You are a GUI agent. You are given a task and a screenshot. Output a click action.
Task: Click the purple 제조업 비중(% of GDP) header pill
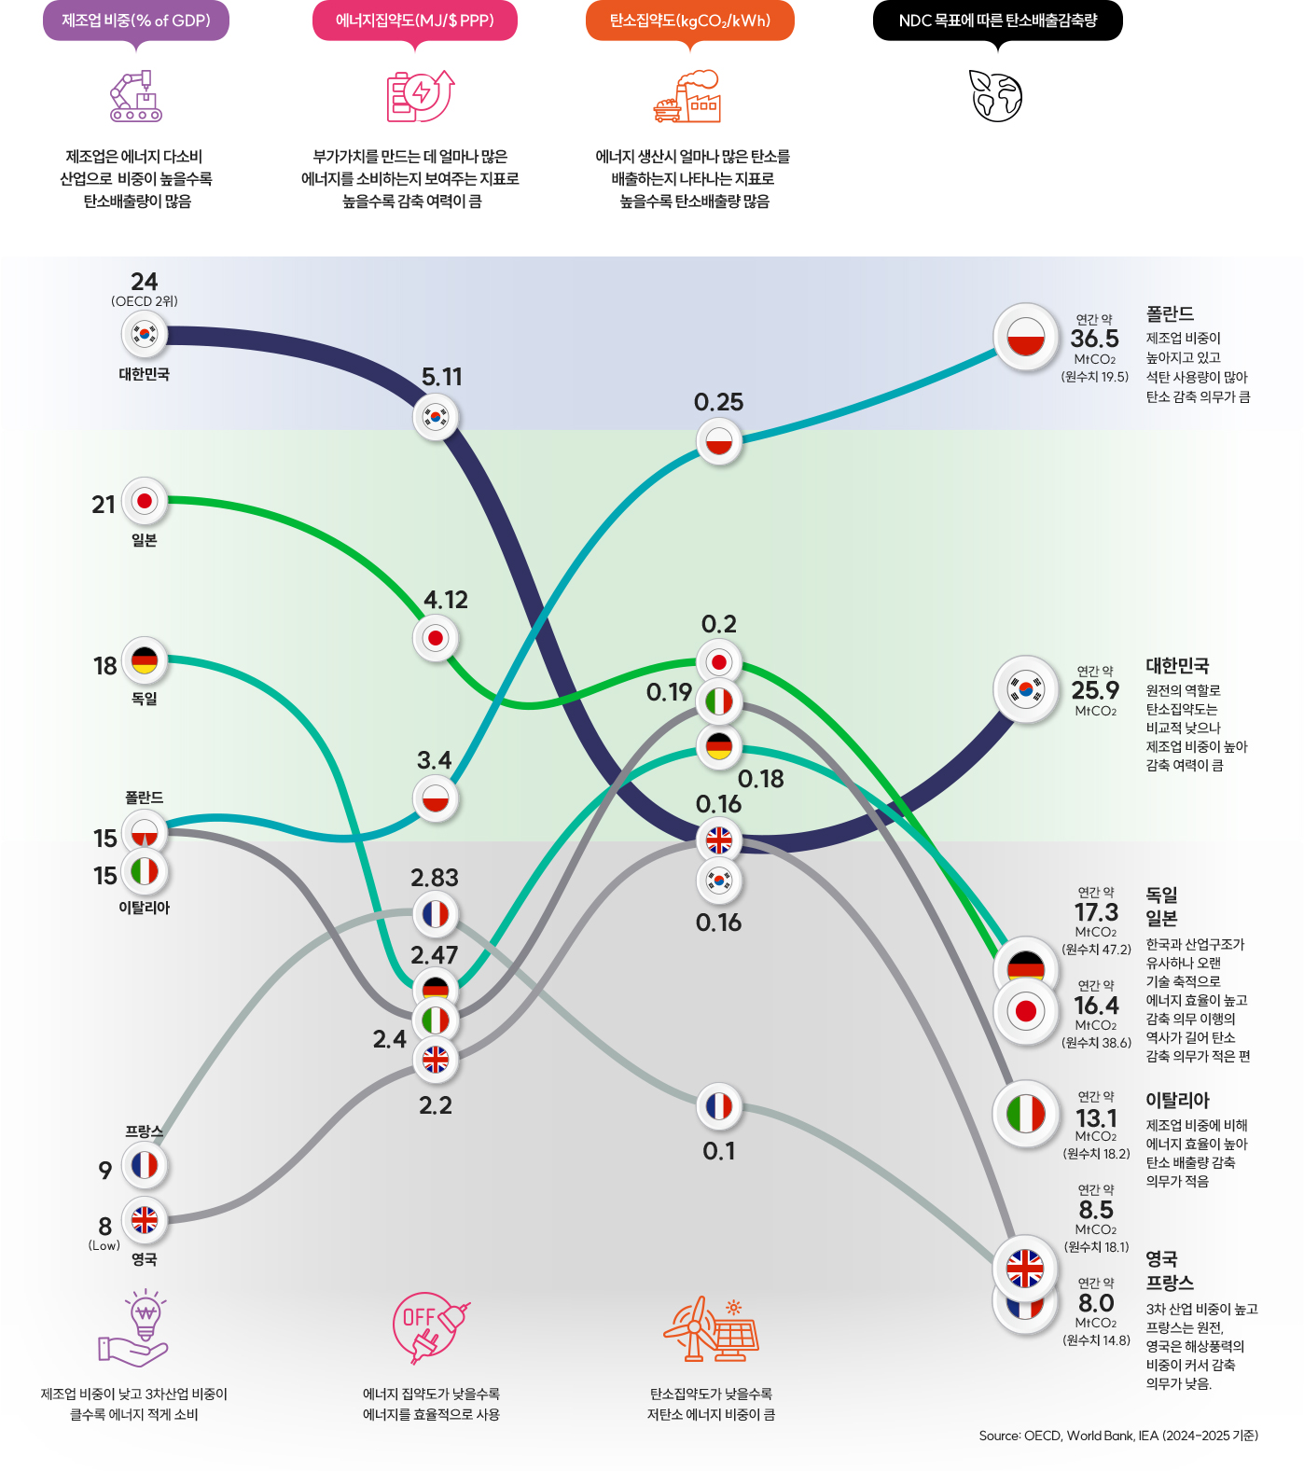click(136, 21)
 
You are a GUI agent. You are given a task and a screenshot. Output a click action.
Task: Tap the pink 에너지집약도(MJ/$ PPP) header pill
click(414, 21)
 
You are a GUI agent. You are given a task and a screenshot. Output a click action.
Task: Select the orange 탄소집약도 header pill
click(690, 21)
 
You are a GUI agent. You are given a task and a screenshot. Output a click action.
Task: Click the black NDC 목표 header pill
click(997, 21)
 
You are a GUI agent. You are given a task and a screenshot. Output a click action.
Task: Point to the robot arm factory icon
click(136, 96)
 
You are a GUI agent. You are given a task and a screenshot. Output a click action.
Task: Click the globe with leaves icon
click(996, 95)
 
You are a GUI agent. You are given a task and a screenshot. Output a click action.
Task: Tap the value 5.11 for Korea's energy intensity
click(441, 377)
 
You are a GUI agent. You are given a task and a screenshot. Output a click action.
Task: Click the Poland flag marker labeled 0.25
click(719, 441)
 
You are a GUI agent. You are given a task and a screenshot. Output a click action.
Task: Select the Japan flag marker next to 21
click(145, 502)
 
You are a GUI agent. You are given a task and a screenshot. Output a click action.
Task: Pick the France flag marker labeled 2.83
click(436, 914)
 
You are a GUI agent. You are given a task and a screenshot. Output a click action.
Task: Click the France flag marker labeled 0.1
click(719, 1106)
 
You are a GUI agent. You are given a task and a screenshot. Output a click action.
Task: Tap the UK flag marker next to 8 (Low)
click(145, 1219)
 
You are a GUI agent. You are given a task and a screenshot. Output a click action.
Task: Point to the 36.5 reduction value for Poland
click(1094, 339)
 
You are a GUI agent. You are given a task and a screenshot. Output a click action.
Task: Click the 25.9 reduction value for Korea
click(1095, 690)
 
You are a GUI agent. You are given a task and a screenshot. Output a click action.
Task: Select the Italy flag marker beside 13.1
click(1025, 1114)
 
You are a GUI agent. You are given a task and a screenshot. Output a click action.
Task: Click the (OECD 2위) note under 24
click(145, 301)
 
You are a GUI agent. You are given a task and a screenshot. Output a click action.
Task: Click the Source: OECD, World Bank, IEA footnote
click(1117, 1436)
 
